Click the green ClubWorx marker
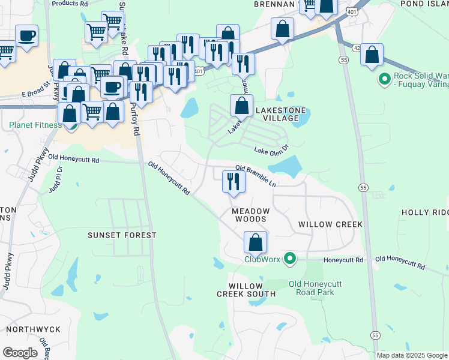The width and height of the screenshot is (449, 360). tap(291, 259)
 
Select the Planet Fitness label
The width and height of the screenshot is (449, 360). tap(35, 125)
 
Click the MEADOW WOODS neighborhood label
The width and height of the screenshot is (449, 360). tap(251, 216)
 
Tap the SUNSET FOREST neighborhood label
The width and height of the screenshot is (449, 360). tap(122, 235)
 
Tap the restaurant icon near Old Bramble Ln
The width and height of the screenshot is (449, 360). tap(234, 182)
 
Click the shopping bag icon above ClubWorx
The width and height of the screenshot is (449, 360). tap(256, 243)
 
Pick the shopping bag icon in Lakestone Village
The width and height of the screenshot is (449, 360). tap(241, 106)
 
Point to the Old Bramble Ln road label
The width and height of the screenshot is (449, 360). tap(256, 176)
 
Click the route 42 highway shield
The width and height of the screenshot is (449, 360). tap(357, 48)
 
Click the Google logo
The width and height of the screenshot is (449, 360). tap(20, 353)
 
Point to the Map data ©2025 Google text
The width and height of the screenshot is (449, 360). tap(412, 355)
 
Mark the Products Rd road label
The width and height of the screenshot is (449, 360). tap(70, 3)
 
